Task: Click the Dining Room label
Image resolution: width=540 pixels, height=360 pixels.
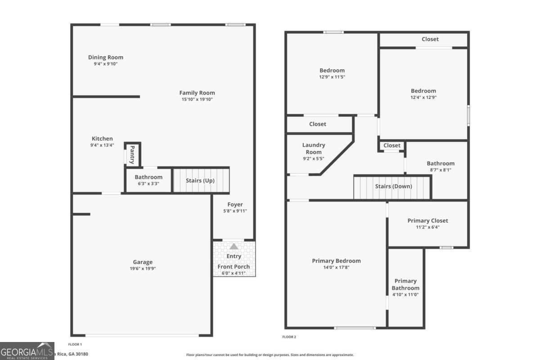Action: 105,58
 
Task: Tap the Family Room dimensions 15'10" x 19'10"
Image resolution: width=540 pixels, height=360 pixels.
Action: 197,99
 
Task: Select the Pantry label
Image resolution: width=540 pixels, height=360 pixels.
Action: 132,154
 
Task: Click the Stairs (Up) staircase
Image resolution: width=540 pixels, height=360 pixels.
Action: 201,180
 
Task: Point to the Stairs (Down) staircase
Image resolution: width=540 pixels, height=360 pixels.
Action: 393,187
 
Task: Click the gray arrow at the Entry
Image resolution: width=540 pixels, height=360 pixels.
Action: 234,247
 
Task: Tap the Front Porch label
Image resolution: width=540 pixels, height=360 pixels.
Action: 234,267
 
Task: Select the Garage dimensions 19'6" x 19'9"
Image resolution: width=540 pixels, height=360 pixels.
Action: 143,269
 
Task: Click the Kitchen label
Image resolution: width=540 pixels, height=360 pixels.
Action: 102,139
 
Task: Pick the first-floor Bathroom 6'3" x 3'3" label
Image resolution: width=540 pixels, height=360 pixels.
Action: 148,177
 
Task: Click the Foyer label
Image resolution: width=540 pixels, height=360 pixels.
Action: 235,205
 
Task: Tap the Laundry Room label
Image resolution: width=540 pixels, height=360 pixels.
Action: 313,148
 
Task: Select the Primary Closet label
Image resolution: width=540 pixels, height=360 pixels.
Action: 427,220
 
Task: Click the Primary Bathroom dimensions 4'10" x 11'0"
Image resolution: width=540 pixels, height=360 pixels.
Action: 405,294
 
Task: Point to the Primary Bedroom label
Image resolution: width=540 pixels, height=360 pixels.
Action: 336,261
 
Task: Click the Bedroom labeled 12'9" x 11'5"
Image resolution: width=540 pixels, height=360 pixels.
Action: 332,70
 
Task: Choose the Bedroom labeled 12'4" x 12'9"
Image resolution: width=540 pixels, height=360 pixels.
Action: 423,91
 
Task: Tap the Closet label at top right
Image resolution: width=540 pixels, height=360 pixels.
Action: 430,39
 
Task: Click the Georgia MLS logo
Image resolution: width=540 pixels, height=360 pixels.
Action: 27,351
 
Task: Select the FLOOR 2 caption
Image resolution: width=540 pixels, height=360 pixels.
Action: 289,337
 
